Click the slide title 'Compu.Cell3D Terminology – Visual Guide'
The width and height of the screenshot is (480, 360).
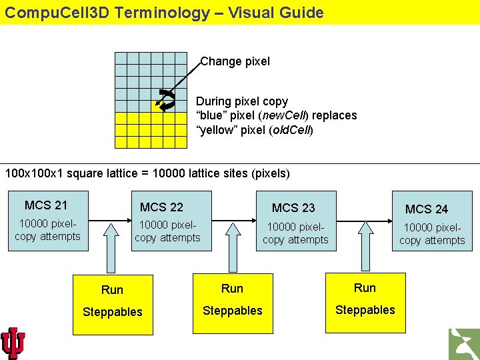pos(164,13)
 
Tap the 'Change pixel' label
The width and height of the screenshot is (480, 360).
pos(235,61)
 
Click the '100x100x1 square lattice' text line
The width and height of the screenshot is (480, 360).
pos(147,173)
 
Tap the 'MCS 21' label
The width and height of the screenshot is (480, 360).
pos(46,205)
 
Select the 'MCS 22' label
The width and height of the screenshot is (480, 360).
pos(161,207)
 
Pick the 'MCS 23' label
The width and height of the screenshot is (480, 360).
pos(293,208)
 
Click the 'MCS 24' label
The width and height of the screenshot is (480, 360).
pos(427,209)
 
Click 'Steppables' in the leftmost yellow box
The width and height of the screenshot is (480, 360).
pos(113,312)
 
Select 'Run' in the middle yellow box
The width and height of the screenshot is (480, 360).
pos(232,289)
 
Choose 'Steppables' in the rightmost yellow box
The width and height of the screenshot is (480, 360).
pos(365,310)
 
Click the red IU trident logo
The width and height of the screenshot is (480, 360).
pos(13,343)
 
